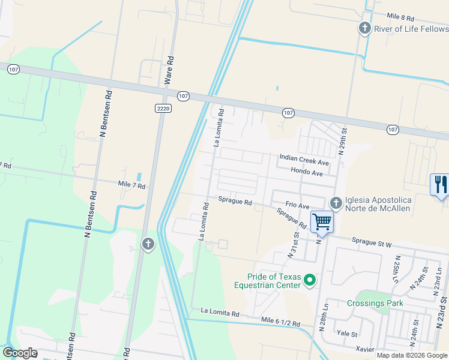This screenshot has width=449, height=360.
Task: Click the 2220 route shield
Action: pyautogui.click(x=163, y=108)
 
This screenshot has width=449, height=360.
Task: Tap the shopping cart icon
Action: pyautogui.click(x=322, y=222)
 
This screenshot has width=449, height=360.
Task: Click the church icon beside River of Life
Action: pyautogui.click(x=364, y=28)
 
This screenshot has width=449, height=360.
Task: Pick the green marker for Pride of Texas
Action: pyautogui.click(x=310, y=280)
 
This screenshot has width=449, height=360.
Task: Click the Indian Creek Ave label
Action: pyautogui.click(x=304, y=163)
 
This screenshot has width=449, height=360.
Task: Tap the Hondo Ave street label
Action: pyautogui.click(x=307, y=173)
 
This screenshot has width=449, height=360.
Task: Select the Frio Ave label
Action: pyautogui.click(x=297, y=205)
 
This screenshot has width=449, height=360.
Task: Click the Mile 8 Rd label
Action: pyautogui.click(x=401, y=17)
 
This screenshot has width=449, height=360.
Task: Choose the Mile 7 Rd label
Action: pyautogui.click(x=132, y=186)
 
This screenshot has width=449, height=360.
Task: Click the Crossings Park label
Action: pyautogui.click(x=375, y=303)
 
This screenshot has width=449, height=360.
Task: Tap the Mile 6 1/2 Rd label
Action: pyautogui.click(x=281, y=323)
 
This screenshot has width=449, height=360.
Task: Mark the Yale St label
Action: pyautogui.click(x=347, y=334)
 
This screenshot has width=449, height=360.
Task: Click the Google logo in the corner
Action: pyautogui.click(x=20, y=353)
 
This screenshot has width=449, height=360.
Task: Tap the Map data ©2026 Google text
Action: pyautogui.click(x=412, y=355)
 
